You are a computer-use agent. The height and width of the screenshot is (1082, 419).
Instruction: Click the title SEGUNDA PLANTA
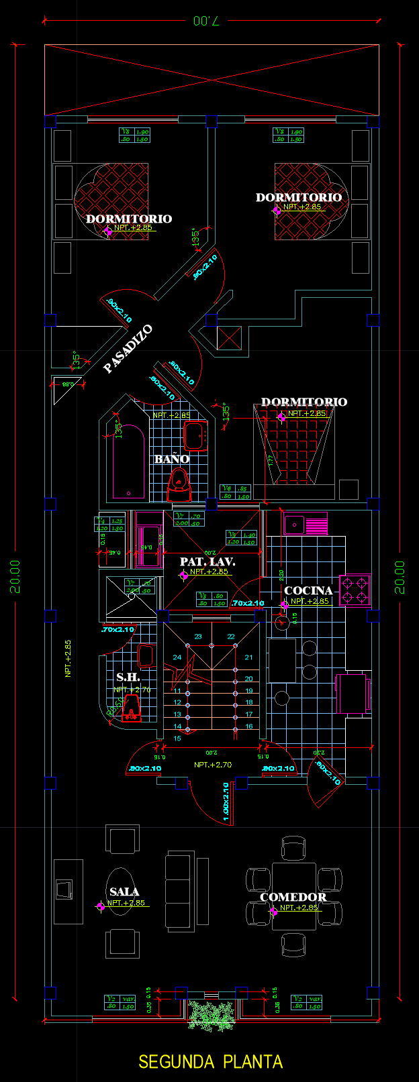coord(210,1062)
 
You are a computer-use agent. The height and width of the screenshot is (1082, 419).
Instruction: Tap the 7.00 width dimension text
coord(205,21)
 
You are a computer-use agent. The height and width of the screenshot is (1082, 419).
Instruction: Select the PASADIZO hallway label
coord(128,349)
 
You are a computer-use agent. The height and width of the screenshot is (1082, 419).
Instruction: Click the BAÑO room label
coord(172,459)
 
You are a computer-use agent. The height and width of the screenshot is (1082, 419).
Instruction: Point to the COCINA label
coord(308,591)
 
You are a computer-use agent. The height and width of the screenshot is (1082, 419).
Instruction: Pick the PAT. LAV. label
coord(207,561)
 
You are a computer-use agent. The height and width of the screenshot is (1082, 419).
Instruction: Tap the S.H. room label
coord(128,678)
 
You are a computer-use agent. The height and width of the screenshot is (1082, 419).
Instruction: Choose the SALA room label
coord(124,892)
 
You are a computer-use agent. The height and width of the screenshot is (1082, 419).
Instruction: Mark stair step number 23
coord(198,637)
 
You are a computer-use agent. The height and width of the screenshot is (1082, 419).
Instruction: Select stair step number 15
coord(177,739)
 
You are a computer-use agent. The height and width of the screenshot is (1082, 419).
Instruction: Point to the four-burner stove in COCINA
coord(355,590)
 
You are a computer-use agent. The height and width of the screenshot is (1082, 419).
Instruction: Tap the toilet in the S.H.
coord(132,708)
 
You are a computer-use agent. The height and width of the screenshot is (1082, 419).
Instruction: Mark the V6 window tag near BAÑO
coord(235,492)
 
